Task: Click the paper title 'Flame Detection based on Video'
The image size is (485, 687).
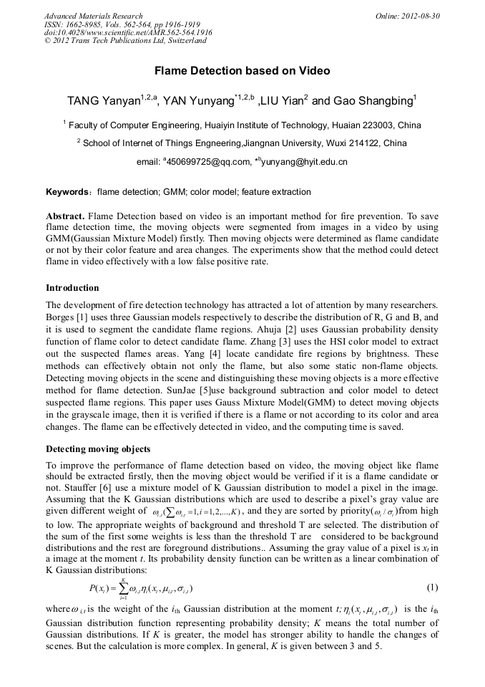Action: tap(242, 71)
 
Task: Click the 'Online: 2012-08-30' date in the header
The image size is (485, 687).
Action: tap(408, 16)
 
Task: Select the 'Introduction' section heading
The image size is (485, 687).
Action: tap(72, 287)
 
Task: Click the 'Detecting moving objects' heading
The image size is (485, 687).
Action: tap(98, 449)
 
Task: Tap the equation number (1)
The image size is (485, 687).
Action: tap(432, 587)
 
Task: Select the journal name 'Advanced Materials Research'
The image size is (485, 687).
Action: tap(93, 16)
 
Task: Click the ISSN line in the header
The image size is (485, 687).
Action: tap(122, 24)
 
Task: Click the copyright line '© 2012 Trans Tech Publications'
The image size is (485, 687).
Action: tap(125, 41)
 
